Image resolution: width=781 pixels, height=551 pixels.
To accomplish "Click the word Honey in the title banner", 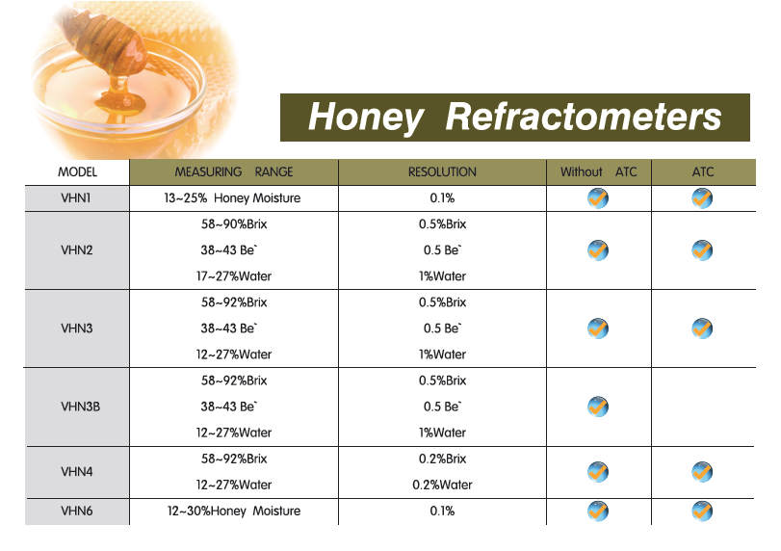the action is tap(366, 118).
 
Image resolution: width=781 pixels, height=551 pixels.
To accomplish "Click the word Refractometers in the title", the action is tap(584, 117).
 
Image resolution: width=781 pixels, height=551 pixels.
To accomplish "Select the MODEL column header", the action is tap(77, 171).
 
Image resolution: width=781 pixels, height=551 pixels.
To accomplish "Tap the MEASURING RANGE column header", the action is tap(234, 171).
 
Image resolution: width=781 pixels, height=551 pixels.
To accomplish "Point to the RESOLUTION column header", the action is tap(442, 171).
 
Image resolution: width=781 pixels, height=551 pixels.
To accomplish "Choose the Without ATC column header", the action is tap(599, 171).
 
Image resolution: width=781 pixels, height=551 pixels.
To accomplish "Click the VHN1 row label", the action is tap(76, 198).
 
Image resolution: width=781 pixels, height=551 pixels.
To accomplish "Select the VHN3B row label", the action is tap(80, 407).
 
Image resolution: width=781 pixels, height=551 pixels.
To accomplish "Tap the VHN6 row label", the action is tap(77, 512).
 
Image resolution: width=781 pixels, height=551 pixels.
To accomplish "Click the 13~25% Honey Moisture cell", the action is tap(232, 198).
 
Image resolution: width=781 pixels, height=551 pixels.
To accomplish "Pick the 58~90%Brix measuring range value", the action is tap(234, 224).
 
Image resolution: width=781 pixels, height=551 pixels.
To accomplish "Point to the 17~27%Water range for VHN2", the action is tap(234, 276).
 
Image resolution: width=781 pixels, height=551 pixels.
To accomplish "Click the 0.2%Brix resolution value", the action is tap(442, 459).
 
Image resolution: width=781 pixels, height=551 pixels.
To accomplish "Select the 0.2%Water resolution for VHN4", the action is tap(442, 485).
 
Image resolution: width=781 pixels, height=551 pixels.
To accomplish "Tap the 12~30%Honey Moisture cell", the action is tap(234, 512).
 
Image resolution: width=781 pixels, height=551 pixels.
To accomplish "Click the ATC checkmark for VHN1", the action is tap(702, 198).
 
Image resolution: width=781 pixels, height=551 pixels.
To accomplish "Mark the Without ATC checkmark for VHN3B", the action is tap(598, 407).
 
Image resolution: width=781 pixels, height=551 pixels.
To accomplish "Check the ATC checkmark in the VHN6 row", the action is tap(702, 512).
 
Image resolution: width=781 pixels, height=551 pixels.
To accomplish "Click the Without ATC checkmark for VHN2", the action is tap(598, 250).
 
